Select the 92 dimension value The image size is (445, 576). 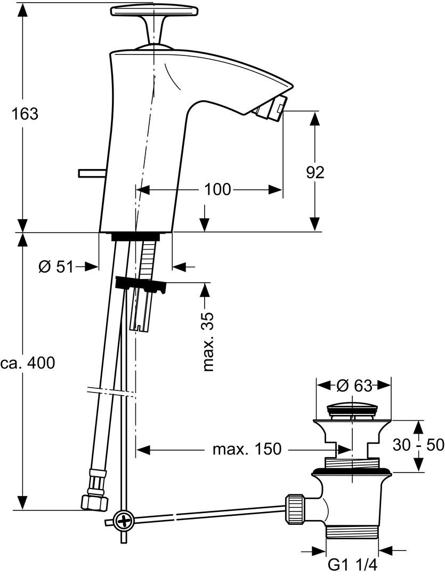(x=315, y=171)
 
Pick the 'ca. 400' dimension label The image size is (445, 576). (x=27, y=363)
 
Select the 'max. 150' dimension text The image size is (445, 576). (x=246, y=449)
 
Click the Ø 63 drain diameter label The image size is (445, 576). (x=354, y=385)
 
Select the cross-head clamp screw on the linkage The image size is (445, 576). (x=123, y=520)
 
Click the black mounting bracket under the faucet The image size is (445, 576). (x=140, y=285)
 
